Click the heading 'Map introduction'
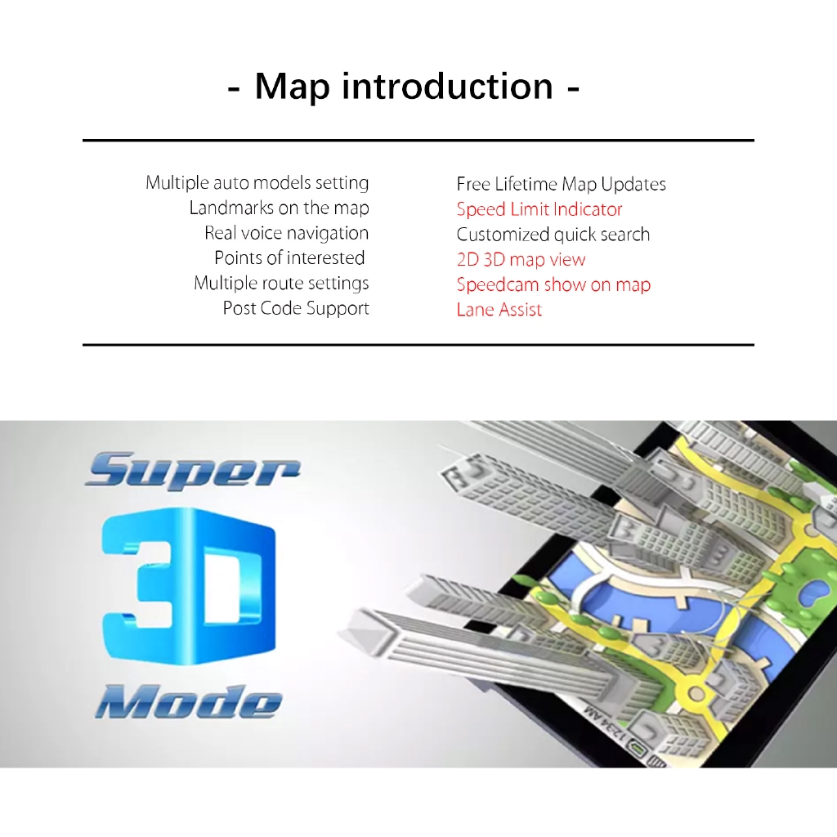404,86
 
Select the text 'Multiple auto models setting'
257,183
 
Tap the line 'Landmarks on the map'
280,208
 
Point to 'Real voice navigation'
287,233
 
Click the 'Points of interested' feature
290,257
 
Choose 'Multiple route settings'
281,284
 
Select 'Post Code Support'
296,308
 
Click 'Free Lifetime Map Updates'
561,185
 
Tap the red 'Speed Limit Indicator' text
539,209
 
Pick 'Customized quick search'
553,235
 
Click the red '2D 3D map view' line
521,260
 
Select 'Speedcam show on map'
553,285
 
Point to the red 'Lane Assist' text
499,310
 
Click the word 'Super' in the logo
193,470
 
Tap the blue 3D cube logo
189,586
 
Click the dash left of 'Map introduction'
233,90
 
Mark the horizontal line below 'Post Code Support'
418,345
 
